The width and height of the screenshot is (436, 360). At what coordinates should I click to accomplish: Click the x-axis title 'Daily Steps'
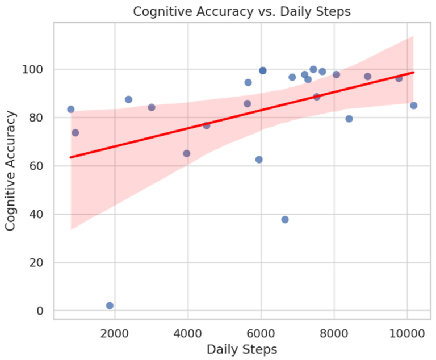[x=242, y=349]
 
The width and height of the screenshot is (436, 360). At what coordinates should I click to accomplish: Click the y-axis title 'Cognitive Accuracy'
[x=11, y=171]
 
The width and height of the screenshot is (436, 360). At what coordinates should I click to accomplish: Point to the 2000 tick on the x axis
[x=115, y=331]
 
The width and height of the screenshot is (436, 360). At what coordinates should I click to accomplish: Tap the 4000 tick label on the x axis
[x=188, y=331]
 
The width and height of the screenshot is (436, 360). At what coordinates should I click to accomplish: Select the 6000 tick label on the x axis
[x=261, y=331]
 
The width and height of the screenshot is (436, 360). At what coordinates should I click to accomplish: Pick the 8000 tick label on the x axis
[x=334, y=331]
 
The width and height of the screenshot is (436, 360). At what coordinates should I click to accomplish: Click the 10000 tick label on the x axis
[x=406, y=331]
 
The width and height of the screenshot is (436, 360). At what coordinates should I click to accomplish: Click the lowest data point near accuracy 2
[x=110, y=305]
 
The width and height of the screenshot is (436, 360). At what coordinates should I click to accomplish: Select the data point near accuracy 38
[x=285, y=219]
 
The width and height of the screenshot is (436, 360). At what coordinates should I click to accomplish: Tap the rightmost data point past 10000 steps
[x=413, y=105]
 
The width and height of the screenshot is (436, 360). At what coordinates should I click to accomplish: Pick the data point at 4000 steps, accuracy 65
[x=186, y=153]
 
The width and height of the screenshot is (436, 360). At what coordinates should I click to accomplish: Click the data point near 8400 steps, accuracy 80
[x=349, y=119]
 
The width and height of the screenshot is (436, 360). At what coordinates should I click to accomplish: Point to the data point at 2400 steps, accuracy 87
[x=128, y=99]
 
